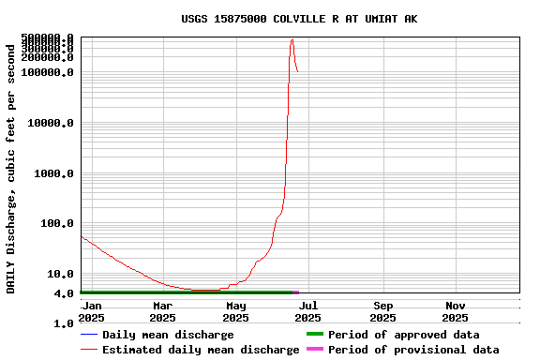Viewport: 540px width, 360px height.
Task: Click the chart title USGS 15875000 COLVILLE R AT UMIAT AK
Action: pyautogui.click(x=299, y=19)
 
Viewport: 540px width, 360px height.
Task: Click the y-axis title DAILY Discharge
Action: pyautogui.click(x=11, y=167)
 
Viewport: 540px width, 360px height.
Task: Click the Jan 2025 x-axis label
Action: pyautogui.click(x=92, y=311)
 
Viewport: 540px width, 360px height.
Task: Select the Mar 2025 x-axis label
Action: pyautogui.click(x=162, y=311)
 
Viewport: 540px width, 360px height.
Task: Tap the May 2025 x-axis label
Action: pyautogui.click(x=236, y=311)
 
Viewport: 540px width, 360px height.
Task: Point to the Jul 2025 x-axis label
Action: pyautogui.click(x=309, y=311)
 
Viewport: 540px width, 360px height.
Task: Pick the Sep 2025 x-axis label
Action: pyautogui.click(x=383, y=311)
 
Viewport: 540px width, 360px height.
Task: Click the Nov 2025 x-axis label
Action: pyautogui.click(x=456, y=311)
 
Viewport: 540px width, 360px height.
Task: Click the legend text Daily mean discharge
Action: pyautogui.click(x=168, y=335)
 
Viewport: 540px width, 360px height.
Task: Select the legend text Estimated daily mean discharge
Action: pyautogui.click(x=201, y=350)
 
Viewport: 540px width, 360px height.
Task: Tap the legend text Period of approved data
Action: pyautogui.click(x=403, y=335)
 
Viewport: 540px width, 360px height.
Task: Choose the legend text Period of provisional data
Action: pyautogui.click(x=413, y=350)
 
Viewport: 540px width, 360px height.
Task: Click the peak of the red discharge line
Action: pyautogui.click(x=292, y=40)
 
